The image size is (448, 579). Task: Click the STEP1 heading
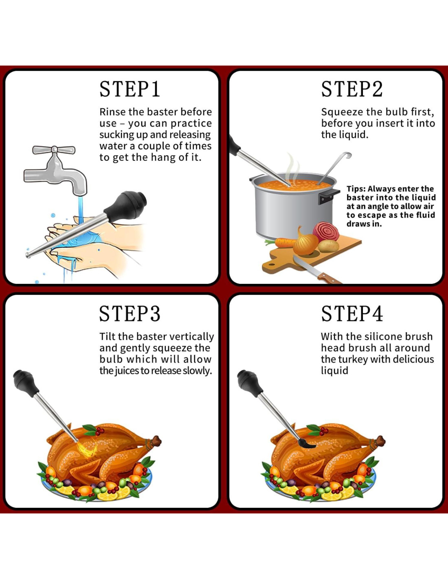(x=130, y=89)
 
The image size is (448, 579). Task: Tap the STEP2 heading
(x=352, y=89)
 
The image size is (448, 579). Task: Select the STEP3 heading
(x=130, y=314)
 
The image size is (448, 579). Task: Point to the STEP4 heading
(x=352, y=314)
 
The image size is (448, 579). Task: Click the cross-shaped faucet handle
(x=54, y=150)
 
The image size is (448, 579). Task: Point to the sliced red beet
(x=326, y=231)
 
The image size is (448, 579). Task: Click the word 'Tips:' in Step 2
(x=356, y=189)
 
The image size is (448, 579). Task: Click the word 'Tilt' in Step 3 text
(x=108, y=336)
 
